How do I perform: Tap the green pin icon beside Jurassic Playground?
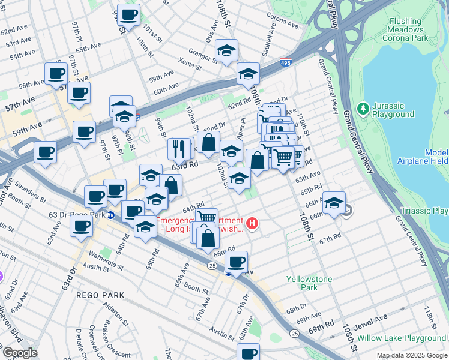click(363, 109)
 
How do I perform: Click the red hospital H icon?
click(253, 224)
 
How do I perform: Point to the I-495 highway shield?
click(286, 62)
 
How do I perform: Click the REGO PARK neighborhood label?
click(100, 295)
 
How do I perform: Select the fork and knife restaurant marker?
click(178, 147)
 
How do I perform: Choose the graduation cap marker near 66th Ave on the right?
click(334, 202)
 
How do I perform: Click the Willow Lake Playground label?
click(401, 338)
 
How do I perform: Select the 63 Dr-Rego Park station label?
click(77, 214)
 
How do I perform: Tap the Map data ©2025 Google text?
click(411, 355)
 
